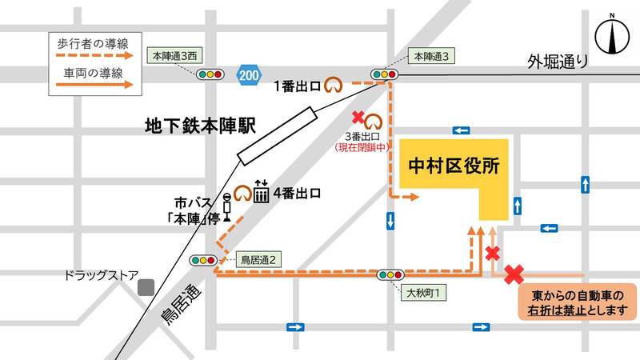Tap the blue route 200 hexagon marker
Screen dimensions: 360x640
click(x=248, y=74)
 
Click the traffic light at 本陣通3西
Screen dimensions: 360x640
click(x=210, y=74)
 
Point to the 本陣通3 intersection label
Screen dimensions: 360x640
click(x=433, y=56)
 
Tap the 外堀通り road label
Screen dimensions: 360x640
click(x=558, y=61)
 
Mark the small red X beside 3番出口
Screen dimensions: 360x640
click(x=358, y=117)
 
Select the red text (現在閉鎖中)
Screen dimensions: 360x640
click(x=362, y=147)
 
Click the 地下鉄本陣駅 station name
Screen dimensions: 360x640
click(x=199, y=126)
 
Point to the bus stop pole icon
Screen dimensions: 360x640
click(x=227, y=206)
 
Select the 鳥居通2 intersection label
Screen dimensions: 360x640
click(x=258, y=259)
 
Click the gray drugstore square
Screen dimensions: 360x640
click(x=145, y=286)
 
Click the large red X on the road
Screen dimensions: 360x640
click(x=513, y=274)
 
